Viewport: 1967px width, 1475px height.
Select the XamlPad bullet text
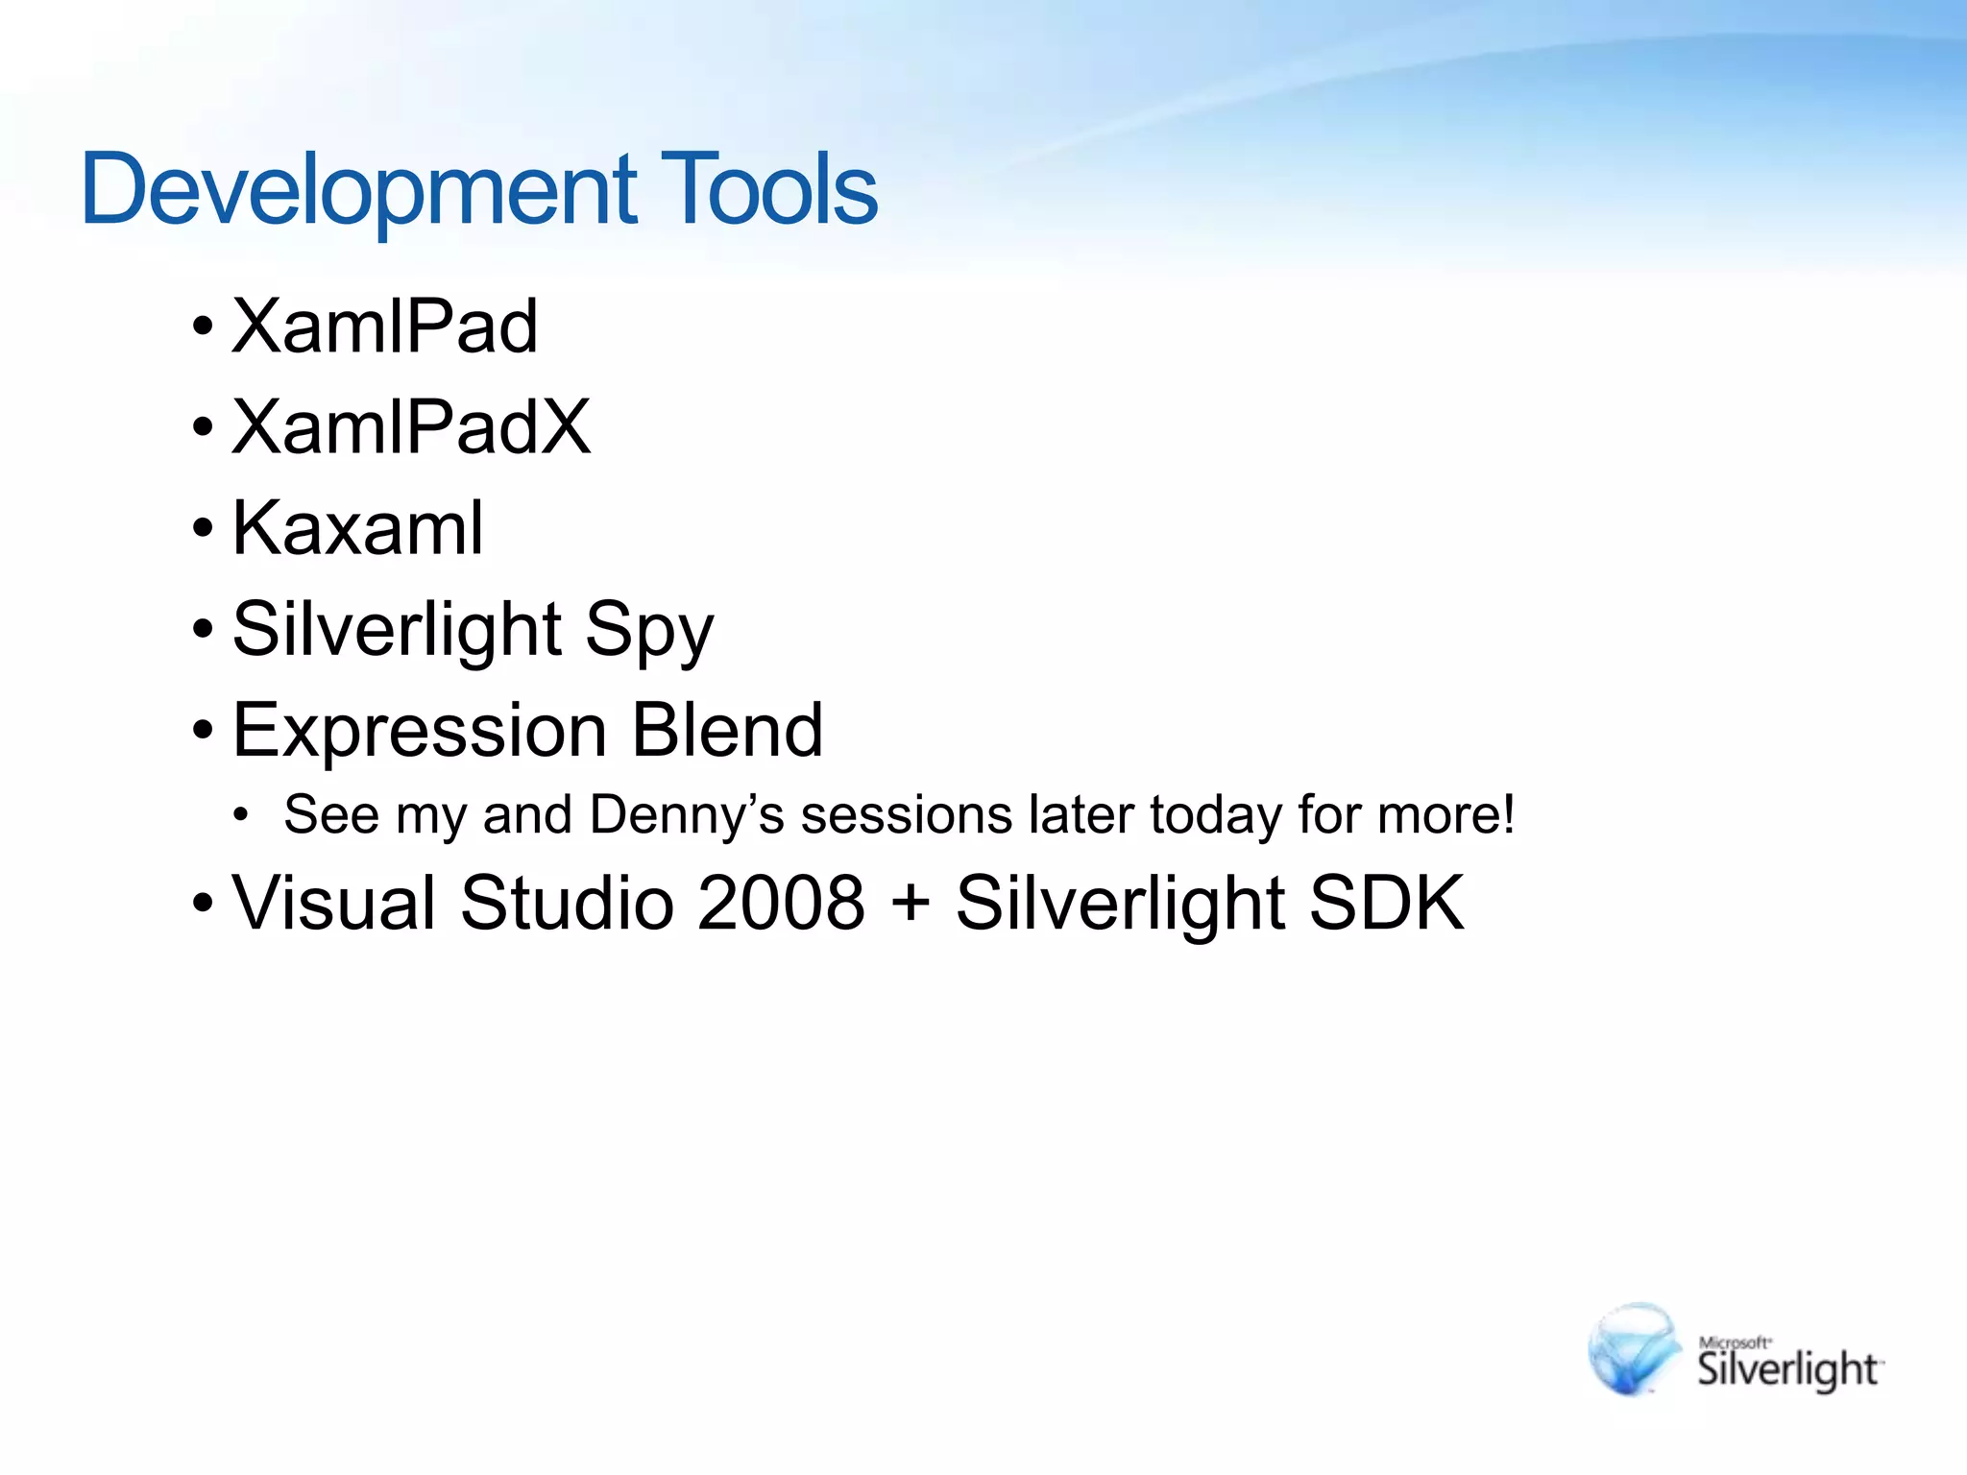384,326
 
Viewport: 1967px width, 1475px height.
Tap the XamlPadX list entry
411,427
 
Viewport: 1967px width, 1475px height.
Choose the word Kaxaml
357,528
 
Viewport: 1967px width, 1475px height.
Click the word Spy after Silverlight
650,630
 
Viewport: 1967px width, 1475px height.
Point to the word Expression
420,731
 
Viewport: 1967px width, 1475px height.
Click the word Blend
727,731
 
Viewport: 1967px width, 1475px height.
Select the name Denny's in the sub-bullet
687,815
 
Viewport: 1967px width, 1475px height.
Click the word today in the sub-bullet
1215,815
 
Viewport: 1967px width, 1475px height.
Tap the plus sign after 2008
910,905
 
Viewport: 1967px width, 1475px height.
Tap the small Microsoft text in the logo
1734,1342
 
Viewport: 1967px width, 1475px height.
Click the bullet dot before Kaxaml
202,528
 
